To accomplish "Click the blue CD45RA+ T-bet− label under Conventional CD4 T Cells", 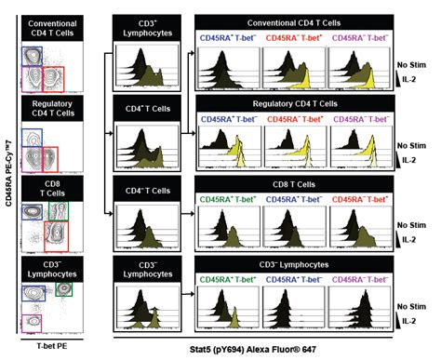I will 229,39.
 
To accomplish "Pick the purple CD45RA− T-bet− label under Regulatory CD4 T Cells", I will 358,121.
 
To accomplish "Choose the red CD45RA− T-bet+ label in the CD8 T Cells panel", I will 358,200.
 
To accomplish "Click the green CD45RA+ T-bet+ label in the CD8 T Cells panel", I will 229,200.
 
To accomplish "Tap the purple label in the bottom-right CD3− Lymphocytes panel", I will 358,277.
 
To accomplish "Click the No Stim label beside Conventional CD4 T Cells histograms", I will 410,66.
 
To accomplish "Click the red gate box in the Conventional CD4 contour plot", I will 56,74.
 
